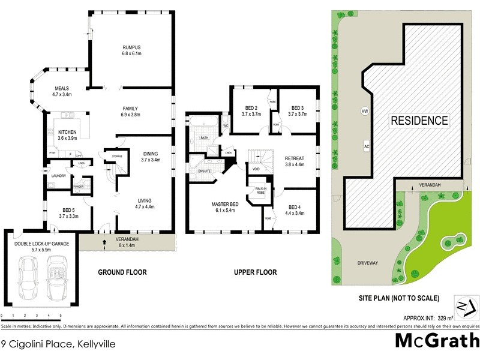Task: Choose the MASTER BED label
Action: tap(225, 205)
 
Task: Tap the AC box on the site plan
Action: tap(365, 146)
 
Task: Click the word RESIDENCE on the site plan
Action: tap(419, 120)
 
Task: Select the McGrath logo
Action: tap(436, 340)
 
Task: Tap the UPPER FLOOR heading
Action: tap(255, 272)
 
